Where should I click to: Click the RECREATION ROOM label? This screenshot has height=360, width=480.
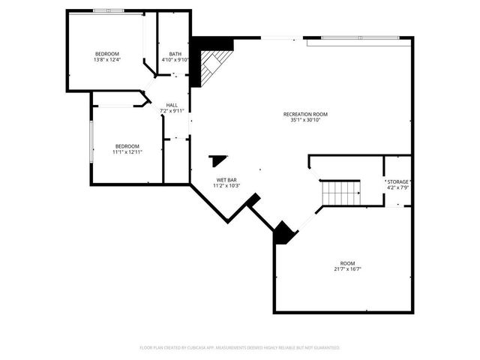tap(305, 114)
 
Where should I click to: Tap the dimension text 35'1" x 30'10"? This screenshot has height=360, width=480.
tap(305, 120)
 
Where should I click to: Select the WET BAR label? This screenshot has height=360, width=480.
tap(227, 179)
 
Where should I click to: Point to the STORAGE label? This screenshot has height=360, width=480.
tap(397, 182)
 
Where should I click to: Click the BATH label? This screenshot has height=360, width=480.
tap(175, 54)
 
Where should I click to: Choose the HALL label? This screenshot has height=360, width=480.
tap(172, 105)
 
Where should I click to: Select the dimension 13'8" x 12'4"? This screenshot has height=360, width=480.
tap(107, 60)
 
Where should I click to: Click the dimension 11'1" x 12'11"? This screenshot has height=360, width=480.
tap(127, 151)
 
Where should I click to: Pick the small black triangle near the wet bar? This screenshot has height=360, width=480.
tap(219, 160)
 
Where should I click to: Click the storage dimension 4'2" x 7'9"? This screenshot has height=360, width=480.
tap(397, 188)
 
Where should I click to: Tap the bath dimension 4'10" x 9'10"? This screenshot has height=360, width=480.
tap(175, 60)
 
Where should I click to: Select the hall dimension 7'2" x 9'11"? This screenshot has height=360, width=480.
tap(172, 111)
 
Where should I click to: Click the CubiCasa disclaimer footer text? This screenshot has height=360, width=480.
tap(240, 348)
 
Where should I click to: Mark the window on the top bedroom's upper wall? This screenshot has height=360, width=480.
tap(109, 10)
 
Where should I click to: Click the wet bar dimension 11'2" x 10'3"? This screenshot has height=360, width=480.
tap(227, 185)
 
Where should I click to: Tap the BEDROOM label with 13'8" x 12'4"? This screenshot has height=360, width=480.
tap(107, 54)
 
